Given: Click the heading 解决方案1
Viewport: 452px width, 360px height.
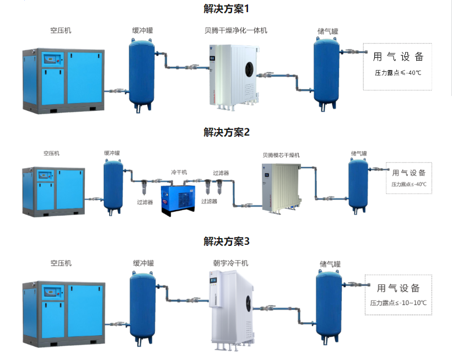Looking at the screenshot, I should pos(227,9).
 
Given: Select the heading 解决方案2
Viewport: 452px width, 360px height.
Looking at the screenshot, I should pos(227,132).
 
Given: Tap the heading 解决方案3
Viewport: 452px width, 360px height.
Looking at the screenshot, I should pos(227,241).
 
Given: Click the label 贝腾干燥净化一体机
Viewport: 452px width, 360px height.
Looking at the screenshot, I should pos(236,30).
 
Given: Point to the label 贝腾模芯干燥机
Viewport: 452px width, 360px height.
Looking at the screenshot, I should pos(281,155).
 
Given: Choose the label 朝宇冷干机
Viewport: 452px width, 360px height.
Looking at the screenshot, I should pos(231,264).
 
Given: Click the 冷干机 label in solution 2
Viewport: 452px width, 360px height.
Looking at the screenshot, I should pos(179,173).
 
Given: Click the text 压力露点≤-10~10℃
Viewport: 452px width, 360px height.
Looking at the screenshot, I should pos(399,303).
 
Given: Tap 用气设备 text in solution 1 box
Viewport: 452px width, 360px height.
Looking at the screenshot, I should pos(398,57).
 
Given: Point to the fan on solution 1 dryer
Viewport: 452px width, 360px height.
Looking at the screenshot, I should pos(248,68).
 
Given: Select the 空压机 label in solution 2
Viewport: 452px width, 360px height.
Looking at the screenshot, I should pos(51,153).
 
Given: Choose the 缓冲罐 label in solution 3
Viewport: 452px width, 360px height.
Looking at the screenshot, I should pos(143,264).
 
